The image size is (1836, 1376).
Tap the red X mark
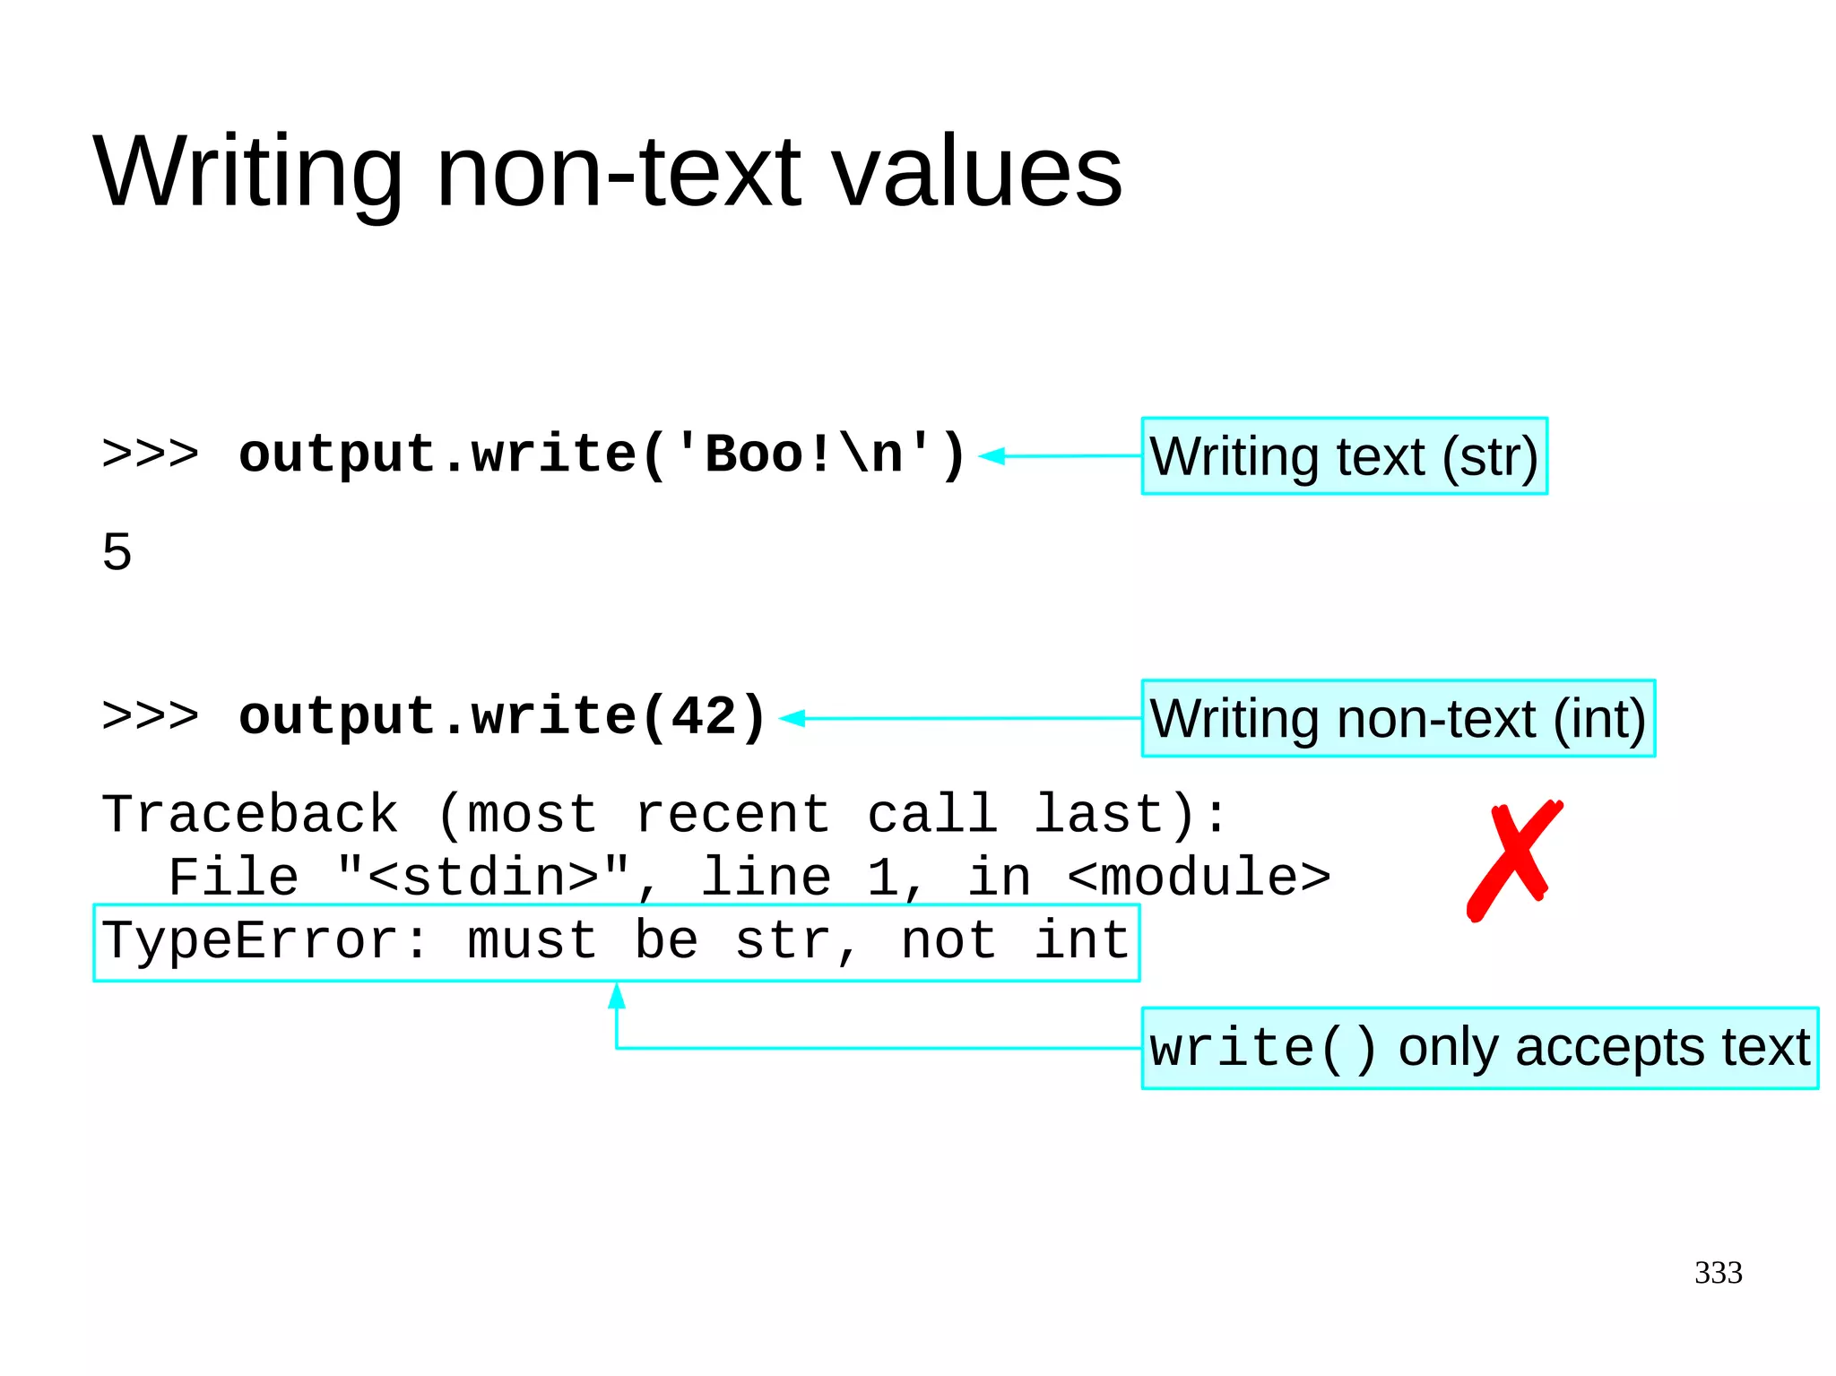coord(1513,859)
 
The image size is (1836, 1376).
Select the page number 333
coord(1718,1272)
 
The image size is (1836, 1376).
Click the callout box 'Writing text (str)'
coord(1344,456)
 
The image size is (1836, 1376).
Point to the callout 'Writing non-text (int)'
coord(1398,718)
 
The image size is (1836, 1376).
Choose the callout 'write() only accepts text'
coord(1479,1048)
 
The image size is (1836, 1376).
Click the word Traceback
coord(250,814)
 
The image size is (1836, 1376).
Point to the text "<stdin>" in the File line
coord(484,877)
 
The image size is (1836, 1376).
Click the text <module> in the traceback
coord(1199,877)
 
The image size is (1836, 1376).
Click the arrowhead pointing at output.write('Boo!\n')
coord(991,456)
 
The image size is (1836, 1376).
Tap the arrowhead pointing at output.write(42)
coord(792,718)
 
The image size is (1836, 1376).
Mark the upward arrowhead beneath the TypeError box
coord(617,994)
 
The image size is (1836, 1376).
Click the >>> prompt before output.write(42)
coord(151,716)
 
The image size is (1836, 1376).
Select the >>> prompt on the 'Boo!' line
coord(151,454)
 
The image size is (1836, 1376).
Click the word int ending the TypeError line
coord(1082,940)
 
